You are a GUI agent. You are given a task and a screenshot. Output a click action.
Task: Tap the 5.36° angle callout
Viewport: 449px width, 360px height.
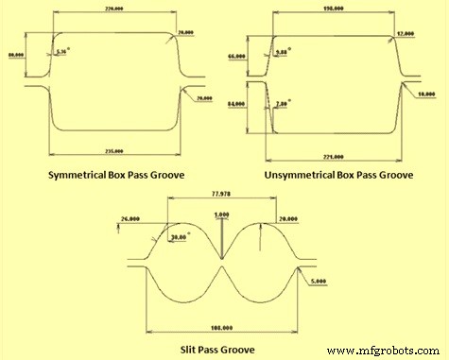(63, 52)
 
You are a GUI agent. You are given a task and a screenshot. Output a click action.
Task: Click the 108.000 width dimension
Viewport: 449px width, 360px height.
(220, 327)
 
